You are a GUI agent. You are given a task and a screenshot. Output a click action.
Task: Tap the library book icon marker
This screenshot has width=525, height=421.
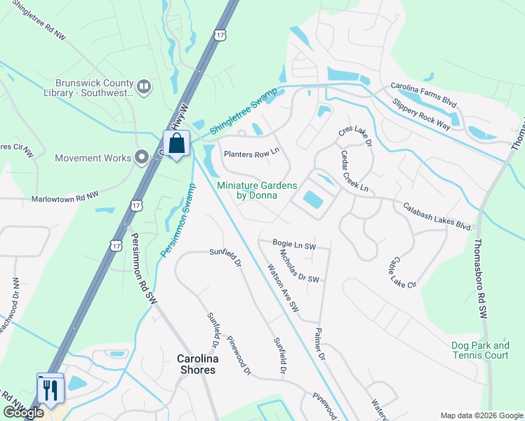[x=144, y=86]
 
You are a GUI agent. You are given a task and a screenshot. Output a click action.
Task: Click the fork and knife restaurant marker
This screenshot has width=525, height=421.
[x=51, y=389]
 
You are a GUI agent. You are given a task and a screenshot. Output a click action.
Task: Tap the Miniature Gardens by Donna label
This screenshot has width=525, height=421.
[x=257, y=190]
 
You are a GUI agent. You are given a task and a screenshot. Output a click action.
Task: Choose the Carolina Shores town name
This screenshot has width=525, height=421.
[x=196, y=364]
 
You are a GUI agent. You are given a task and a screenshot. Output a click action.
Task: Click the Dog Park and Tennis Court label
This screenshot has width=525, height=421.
[x=481, y=350]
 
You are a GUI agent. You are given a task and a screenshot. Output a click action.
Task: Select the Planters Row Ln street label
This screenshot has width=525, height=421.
[x=251, y=154]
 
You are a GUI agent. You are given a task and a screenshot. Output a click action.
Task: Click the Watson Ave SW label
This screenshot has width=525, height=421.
[x=283, y=288]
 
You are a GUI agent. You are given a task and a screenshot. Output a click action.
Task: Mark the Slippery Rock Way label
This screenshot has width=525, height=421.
[x=421, y=114]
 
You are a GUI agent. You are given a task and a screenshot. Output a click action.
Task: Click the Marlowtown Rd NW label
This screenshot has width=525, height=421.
[x=65, y=199]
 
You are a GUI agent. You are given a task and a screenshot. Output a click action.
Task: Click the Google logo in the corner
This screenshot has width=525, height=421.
[x=23, y=413]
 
